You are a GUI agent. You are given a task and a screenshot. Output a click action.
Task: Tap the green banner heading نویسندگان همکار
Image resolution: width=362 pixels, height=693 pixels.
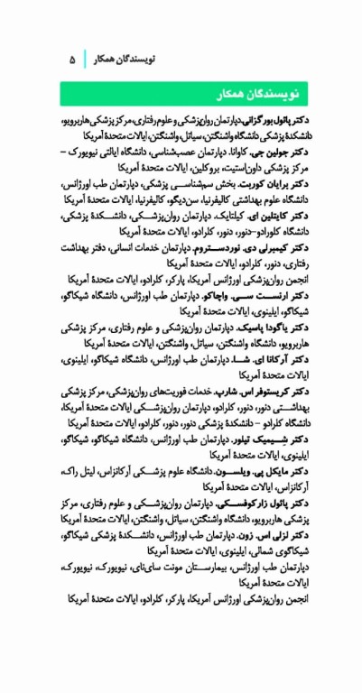pyautogui.click(x=252, y=95)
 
